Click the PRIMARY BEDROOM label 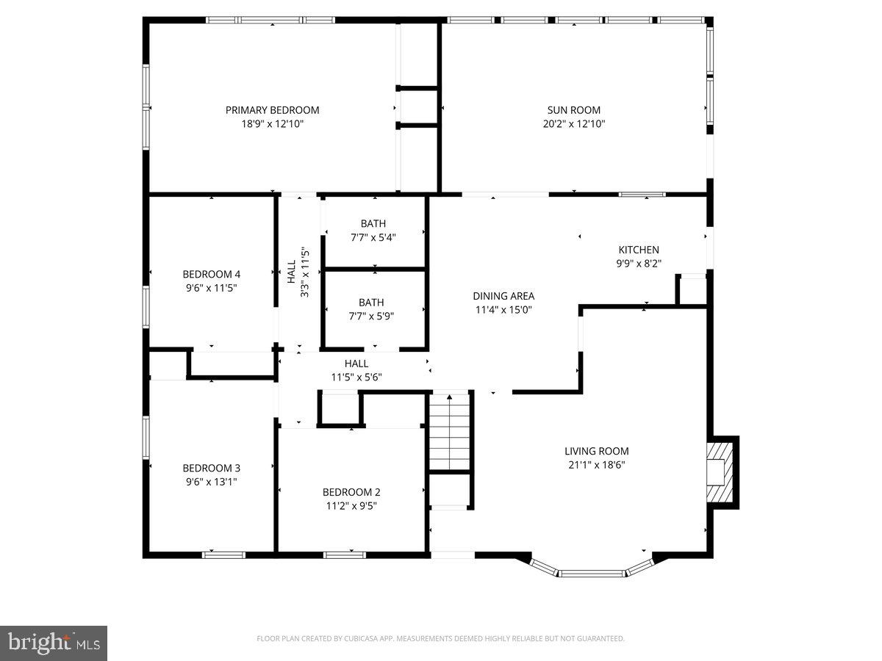click(272, 110)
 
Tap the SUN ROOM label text click(573, 110)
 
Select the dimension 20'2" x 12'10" click(573, 124)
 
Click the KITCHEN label click(638, 250)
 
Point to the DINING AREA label click(503, 296)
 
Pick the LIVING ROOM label click(596, 451)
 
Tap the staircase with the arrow click(449, 432)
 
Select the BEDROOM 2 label click(351, 492)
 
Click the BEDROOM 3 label click(211, 468)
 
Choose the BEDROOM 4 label click(211, 274)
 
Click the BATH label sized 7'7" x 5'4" click(373, 223)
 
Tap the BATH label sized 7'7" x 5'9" click(371, 302)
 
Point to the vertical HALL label click(292, 272)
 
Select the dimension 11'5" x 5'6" click(356, 378)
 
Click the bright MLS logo click(54, 643)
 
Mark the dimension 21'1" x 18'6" click(596, 464)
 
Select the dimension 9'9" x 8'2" click(638, 263)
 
